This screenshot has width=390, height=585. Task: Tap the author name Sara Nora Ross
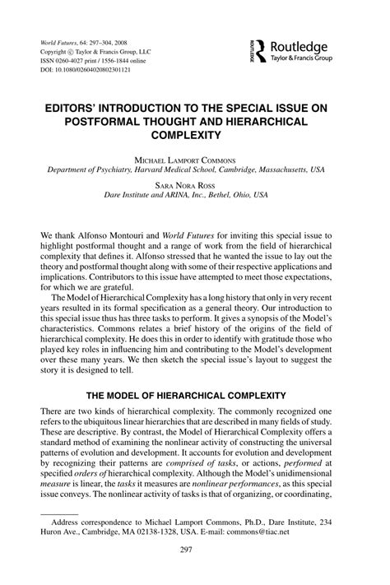point(194,187)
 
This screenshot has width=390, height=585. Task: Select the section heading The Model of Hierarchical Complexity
point(194,396)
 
